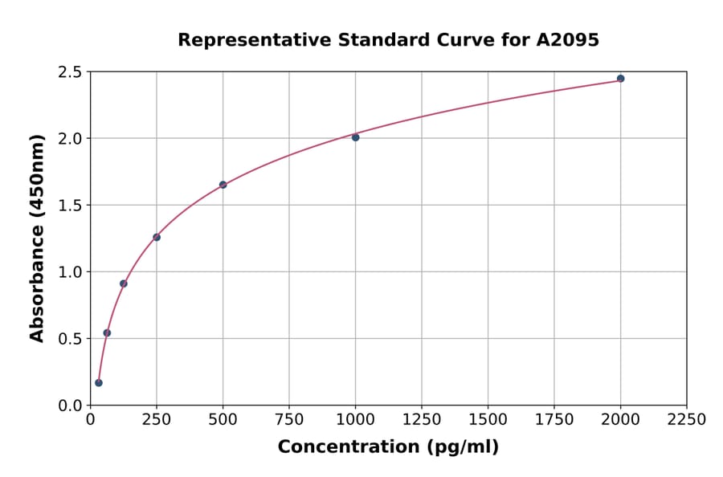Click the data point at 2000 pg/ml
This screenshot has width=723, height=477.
620,79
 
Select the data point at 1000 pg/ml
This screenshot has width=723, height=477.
355,137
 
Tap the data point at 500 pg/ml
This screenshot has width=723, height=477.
223,185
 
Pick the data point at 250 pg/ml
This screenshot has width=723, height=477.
157,237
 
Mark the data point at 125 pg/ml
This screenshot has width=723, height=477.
123,283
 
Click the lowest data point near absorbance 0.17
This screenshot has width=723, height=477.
99,383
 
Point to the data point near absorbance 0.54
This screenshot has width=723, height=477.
107,332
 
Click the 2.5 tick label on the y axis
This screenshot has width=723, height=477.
70,72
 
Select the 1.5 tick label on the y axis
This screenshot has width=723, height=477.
70,206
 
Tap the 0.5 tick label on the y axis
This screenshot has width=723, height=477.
70,339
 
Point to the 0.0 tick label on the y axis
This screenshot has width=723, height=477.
70,406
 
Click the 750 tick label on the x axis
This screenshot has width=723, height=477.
289,420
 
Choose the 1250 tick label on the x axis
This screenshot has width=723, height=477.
422,420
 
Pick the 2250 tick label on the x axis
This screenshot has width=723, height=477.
687,420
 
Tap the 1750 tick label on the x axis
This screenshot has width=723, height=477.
554,420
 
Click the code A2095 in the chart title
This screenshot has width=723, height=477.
567,40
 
